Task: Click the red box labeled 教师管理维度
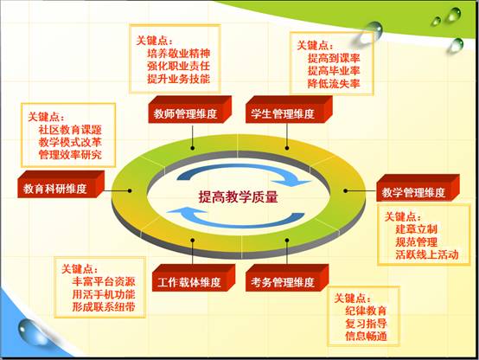click(189, 110)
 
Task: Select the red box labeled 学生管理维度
click(289, 110)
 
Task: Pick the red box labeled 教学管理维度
click(418, 188)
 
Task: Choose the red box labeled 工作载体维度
click(194, 278)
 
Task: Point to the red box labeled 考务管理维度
click(287, 278)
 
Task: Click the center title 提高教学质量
click(239, 196)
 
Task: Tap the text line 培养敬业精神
click(179, 53)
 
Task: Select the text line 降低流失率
click(334, 83)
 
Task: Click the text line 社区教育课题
click(70, 130)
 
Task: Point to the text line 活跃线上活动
click(427, 254)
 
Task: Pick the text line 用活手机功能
click(104, 294)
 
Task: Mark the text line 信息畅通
click(367, 336)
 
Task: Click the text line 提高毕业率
click(334, 71)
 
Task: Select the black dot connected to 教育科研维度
click(130, 190)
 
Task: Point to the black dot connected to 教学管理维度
click(345, 190)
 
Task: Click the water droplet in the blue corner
click(30, 331)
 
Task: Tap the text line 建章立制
click(417, 229)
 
